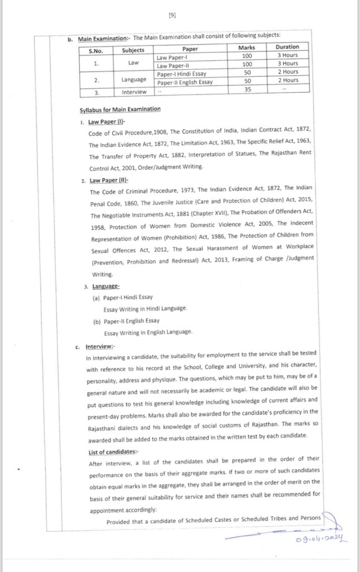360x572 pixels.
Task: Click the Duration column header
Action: [287, 47]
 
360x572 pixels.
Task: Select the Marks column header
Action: [247, 47]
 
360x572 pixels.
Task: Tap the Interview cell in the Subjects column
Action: [134, 92]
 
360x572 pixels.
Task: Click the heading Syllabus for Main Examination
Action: [120, 109]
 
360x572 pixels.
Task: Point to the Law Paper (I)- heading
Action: [107, 122]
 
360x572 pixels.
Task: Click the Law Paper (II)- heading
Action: [109, 180]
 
